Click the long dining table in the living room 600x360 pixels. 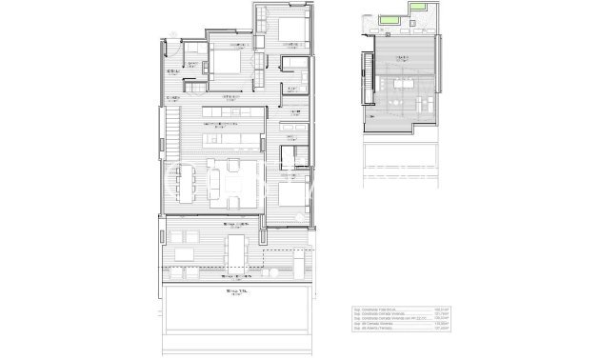tap(188, 182)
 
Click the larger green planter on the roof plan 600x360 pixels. tap(386, 21)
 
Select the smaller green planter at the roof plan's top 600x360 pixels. tap(416, 10)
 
